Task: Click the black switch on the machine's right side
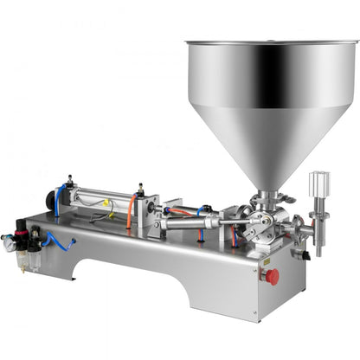300,255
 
